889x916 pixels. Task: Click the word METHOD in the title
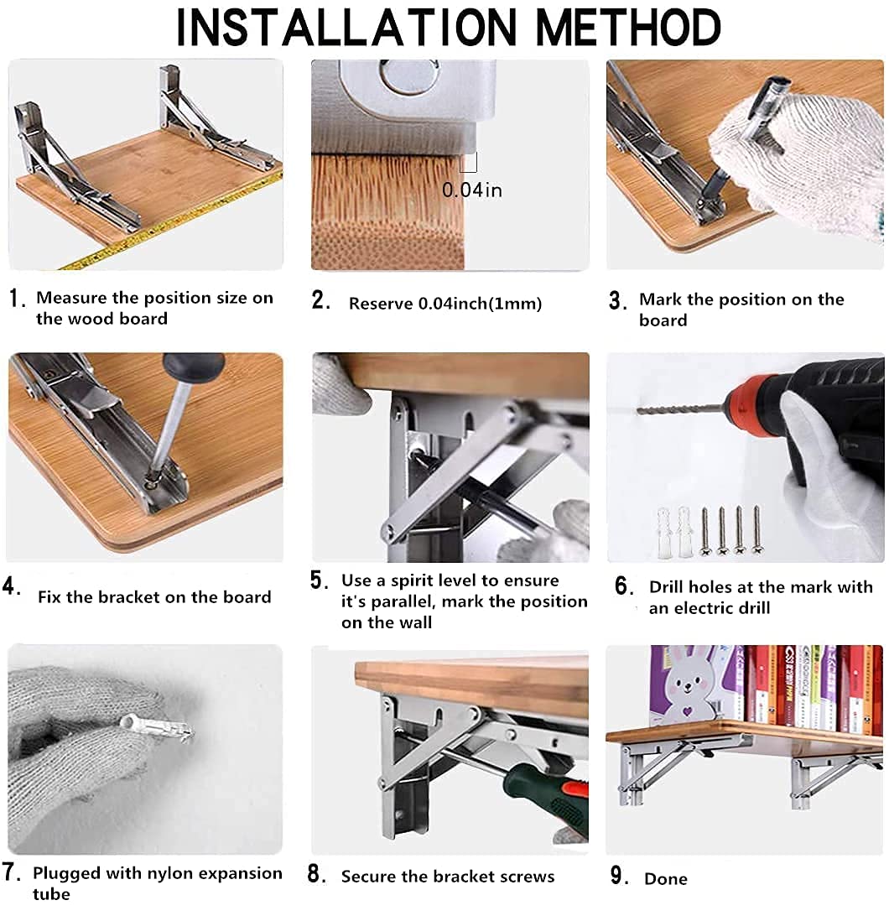coord(628,27)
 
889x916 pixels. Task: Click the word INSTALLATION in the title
coord(347,27)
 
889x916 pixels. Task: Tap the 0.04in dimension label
coord(472,190)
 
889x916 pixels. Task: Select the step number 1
coord(18,299)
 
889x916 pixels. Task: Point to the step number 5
coord(319,580)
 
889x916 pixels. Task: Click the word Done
coord(666,878)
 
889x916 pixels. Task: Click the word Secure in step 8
coord(368,877)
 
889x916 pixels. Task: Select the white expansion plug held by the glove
coord(156,728)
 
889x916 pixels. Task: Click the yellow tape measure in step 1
coord(169,222)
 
